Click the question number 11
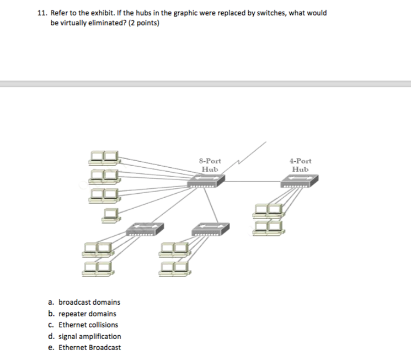pos(42,13)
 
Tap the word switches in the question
pos(265,13)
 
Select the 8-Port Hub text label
pos(210,165)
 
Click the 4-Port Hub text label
pos(300,165)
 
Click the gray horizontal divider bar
pos(205,84)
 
